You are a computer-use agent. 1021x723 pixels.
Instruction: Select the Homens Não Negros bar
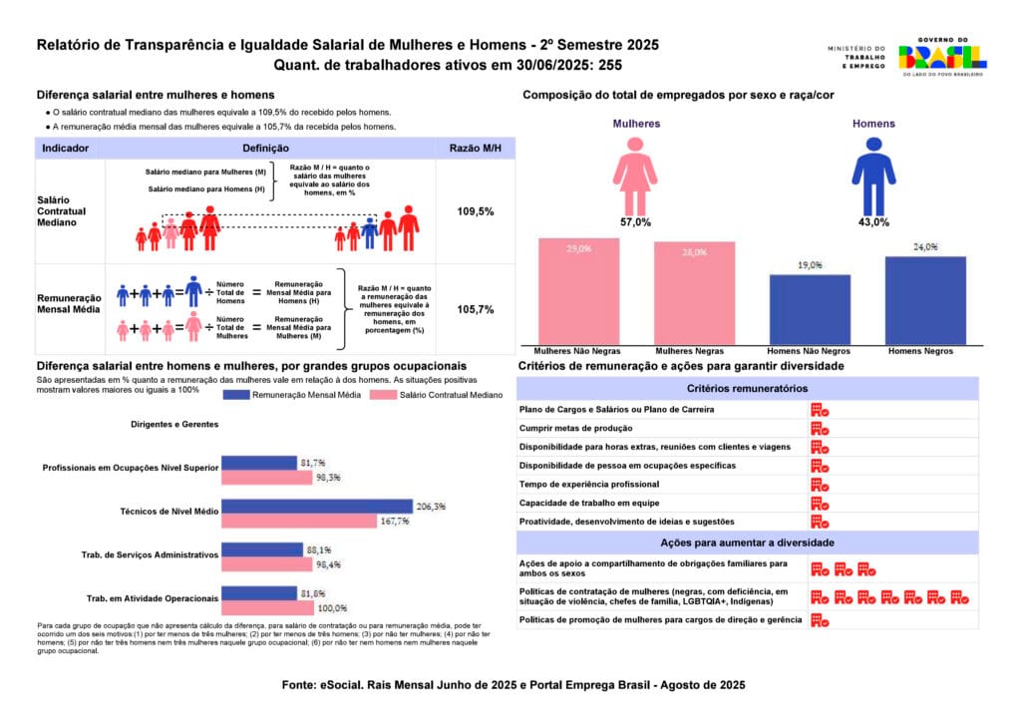pos(809,310)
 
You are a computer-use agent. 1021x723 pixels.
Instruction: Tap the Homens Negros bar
pos(925,301)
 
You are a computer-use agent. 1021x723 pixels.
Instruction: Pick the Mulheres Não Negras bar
pos(578,292)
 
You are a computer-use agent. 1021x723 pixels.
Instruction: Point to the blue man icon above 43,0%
pos(873,172)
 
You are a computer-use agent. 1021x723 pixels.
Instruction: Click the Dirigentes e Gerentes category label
pos(174,424)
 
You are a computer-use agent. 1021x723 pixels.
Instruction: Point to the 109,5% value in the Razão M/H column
pos(476,211)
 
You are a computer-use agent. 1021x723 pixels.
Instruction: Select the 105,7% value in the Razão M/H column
pos(476,309)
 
